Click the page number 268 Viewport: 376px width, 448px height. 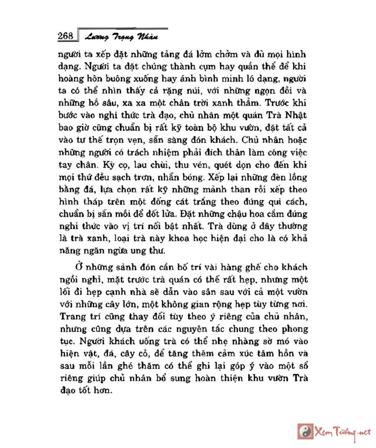[x=64, y=36]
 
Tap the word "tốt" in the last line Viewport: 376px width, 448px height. [x=90, y=390]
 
